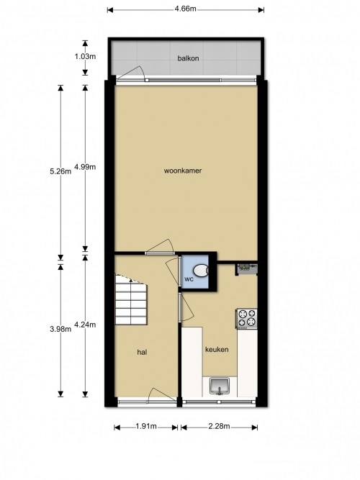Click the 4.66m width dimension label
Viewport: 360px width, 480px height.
click(185, 9)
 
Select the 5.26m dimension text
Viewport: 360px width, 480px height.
click(60, 171)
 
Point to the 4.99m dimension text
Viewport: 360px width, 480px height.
click(85, 167)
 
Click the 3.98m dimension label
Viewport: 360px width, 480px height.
click(60, 329)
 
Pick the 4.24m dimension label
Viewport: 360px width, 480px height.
click(85, 325)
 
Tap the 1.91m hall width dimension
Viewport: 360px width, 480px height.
click(146, 427)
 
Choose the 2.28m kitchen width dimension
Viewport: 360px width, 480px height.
click(219, 427)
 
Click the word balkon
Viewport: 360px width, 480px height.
click(188, 58)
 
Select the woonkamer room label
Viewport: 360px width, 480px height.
click(183, 171)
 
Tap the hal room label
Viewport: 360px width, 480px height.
click(142, 353)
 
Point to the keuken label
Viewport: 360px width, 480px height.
click(217, 350)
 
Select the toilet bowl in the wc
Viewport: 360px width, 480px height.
click(201, 270)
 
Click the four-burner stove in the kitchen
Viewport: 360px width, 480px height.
click(246, 318)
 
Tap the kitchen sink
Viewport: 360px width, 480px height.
click(220, 386)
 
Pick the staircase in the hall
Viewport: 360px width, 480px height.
click(131, 299)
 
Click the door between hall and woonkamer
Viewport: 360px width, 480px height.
click(159, 247)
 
